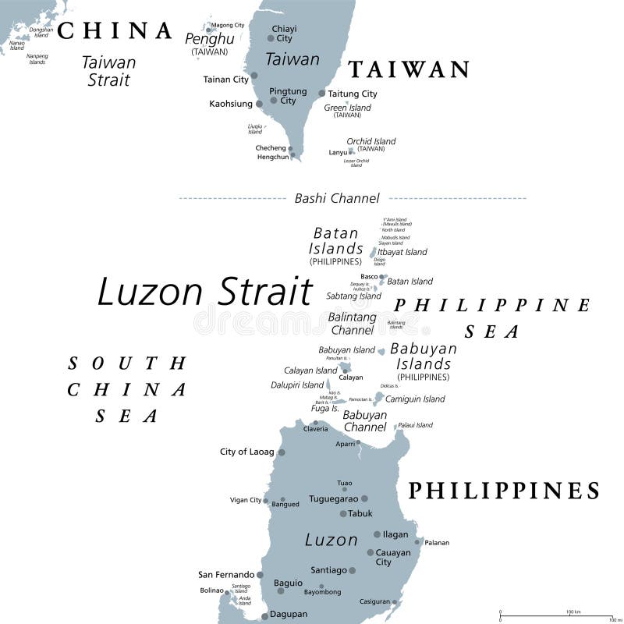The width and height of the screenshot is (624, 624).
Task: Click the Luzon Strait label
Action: point(204,292)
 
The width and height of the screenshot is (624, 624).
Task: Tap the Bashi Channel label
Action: point(337,198)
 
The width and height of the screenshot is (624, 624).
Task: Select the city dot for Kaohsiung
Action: point(259,104)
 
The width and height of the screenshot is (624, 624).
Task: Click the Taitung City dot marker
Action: point(321,94)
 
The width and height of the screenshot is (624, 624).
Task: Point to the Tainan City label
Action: point(225,79)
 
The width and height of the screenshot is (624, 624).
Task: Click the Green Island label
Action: point(347,108)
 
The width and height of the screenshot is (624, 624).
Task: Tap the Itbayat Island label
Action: point(402,252)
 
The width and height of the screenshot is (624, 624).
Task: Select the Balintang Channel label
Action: point(353,324)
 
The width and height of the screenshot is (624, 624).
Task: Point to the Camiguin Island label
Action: point(415,399)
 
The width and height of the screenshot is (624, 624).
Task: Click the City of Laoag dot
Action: point(282,452)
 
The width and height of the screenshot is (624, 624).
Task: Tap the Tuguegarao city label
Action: point(333,498)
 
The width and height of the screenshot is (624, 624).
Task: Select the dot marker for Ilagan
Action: point(378,534)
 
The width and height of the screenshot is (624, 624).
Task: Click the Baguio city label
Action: point(288,583)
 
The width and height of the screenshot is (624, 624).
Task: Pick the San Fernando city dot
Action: point(260,575)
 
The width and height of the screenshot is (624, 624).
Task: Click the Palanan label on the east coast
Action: point(437,542)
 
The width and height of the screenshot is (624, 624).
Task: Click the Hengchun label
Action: point(273,157)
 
